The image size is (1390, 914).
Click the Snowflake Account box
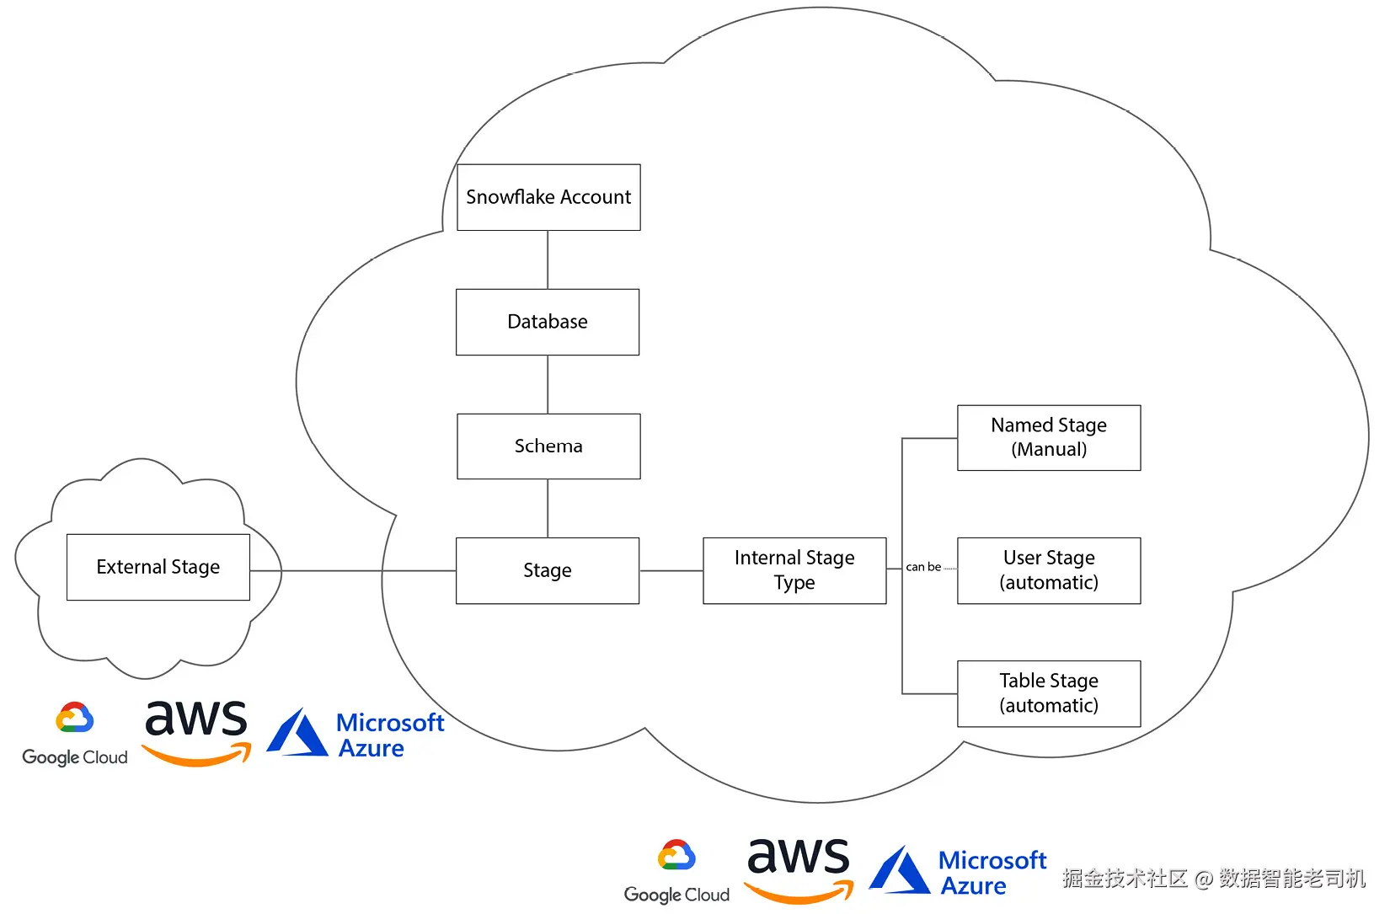548,197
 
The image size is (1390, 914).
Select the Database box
548,322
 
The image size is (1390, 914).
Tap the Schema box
548,446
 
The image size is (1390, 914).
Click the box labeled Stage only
548,570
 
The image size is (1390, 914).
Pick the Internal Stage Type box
794,570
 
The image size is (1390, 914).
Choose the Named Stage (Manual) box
1049,437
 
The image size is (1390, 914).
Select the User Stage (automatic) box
1049,570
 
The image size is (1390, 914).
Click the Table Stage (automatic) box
1049,693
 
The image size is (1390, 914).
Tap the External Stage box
158,567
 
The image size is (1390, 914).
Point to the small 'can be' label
923,567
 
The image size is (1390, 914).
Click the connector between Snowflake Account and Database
548,259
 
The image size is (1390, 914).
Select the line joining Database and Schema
548,384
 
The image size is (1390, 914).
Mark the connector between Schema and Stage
548,508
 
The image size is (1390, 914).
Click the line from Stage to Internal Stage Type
671,570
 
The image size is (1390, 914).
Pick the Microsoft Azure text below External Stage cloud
389,735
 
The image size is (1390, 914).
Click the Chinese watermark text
1213,879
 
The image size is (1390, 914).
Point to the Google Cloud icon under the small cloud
74,718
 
